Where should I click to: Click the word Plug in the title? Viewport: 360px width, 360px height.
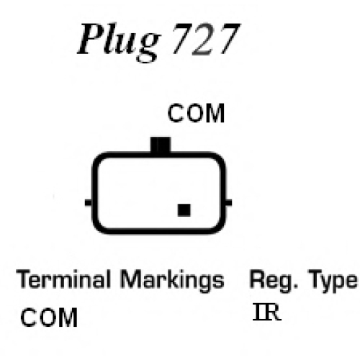118,41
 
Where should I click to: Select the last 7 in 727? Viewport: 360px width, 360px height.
228,39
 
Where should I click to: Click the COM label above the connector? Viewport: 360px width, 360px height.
196,113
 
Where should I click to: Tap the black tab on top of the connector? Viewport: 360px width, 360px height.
161,145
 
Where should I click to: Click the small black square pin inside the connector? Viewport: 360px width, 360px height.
184,210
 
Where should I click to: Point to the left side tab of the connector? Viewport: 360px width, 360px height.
89,202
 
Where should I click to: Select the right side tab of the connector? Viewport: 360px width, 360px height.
229,202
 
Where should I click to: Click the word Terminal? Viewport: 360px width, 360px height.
63,279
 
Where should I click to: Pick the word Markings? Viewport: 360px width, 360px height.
172,281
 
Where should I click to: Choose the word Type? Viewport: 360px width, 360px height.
333,281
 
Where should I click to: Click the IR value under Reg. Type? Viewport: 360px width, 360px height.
267,312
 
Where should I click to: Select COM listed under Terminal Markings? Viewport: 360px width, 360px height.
49,318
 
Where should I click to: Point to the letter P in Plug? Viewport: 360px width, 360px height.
91,39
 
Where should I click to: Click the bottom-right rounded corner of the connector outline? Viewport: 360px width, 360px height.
219,227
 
